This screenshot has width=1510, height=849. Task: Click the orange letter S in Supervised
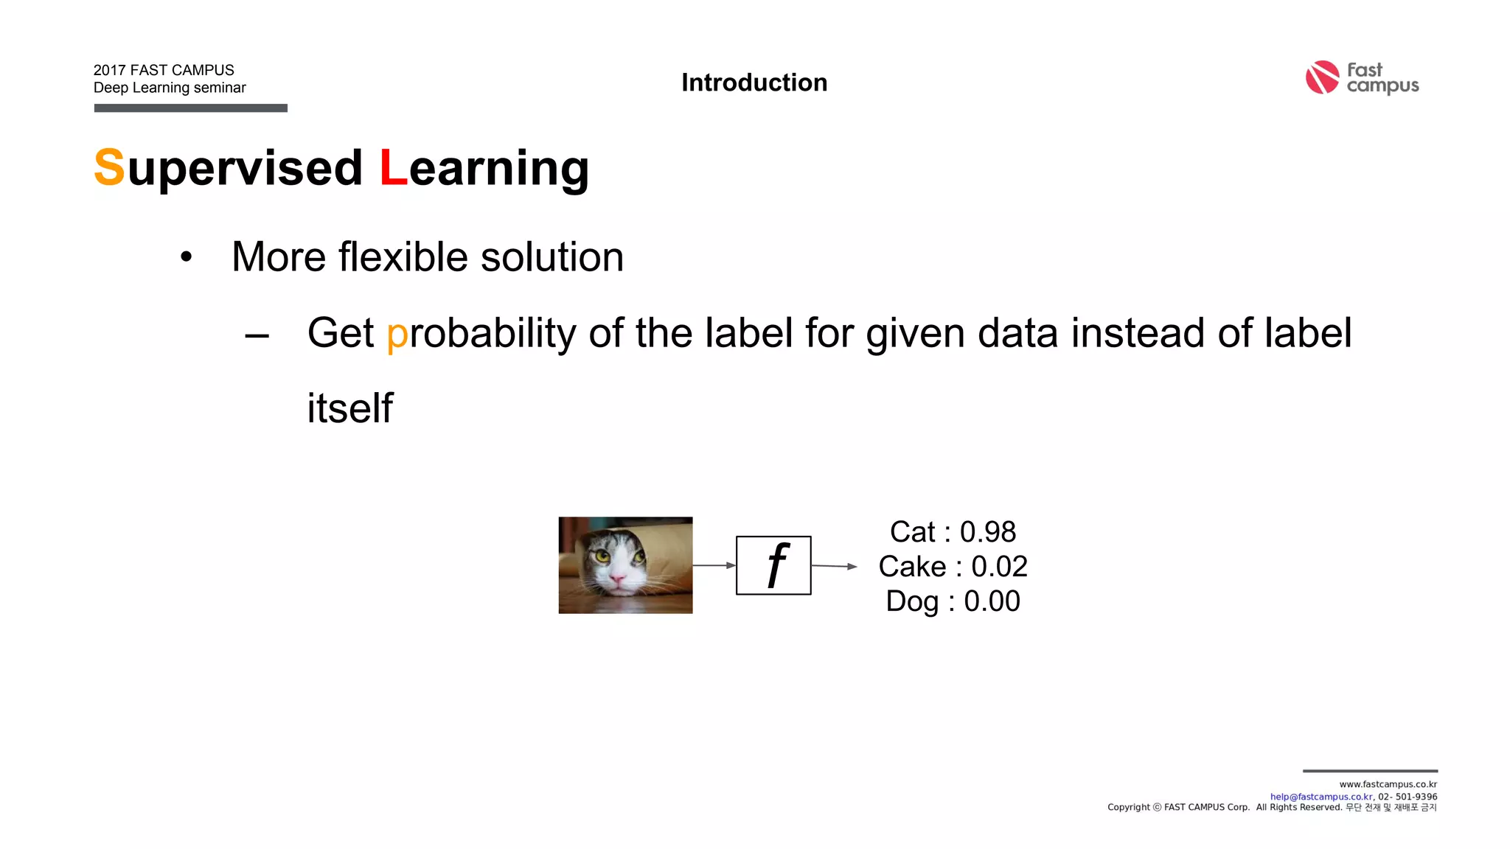(x=109, y=167)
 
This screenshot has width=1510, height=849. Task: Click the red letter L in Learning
(x=393, y=167)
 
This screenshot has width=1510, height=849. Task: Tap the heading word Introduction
(x=754, y=83)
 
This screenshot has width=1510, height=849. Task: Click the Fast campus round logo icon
(x=1322, y=77)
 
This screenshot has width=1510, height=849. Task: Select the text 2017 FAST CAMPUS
(x=164, y=70)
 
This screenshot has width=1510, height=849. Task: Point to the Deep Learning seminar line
(x=170, y=88)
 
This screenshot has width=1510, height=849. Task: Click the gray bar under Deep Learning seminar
(x=190, y=108)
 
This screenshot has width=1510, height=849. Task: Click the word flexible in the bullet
(x=403, y=257)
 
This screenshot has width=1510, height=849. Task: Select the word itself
(x=350, y=408)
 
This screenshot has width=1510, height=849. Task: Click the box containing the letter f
(x=773, y=565)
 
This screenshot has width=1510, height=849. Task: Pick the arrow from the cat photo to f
(x=714, y=565)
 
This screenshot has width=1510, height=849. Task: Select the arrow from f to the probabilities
(x=834, y=566)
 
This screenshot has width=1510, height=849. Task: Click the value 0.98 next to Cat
(x=987, y=531)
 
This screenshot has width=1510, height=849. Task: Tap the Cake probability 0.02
(x=999, y=566)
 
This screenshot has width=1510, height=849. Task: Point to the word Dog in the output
(x=912, y=601)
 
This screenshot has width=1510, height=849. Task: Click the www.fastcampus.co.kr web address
(x=1388, y=784)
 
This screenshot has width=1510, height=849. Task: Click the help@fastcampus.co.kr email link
(x=1321, y=797)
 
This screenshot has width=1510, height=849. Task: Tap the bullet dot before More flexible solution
(x=187, y=257)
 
